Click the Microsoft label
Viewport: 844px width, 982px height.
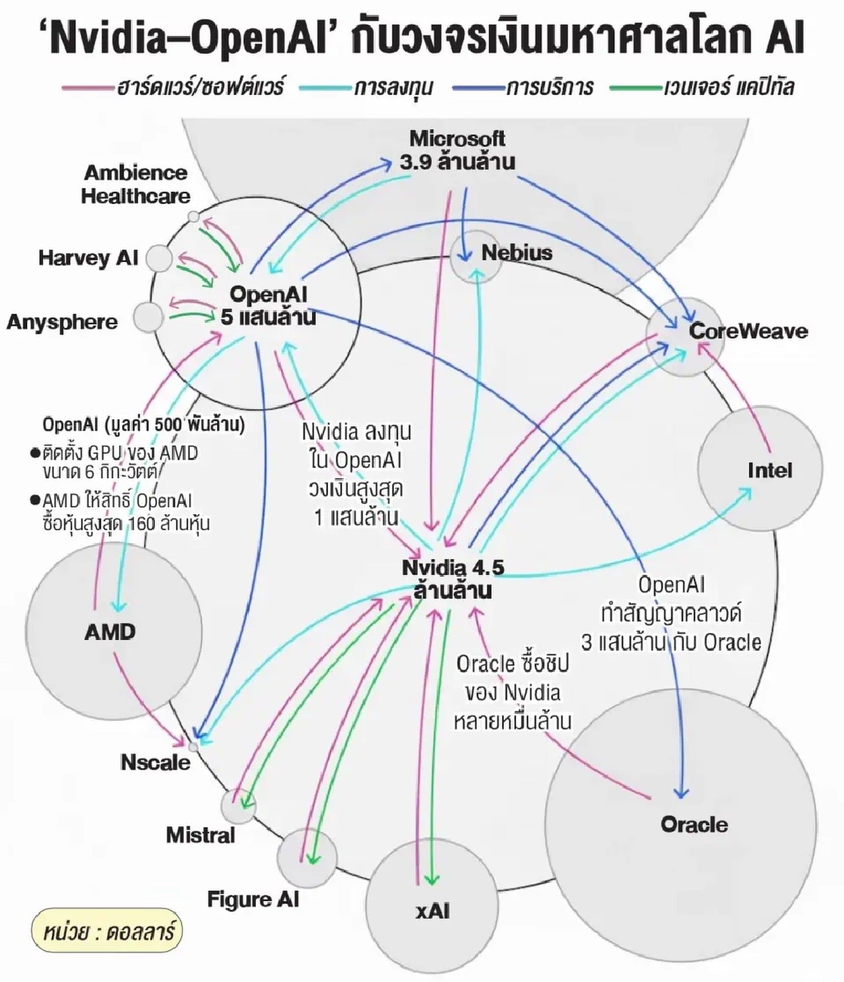click(x=457, y=139)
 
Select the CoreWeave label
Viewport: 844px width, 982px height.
click(x=748, y=331)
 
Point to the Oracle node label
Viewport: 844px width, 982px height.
click(x=694, y=824)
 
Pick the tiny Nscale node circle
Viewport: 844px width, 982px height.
click(x=194, y=747)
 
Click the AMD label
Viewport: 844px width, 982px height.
click(x=110, y=632)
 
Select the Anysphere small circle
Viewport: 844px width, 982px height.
click(x=148, y=317)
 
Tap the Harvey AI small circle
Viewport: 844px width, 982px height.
click(x=159, y=258)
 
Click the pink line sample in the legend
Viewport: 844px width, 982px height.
click(x=85, y=88)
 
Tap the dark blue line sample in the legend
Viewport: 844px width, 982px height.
click(x=478, y=88)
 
